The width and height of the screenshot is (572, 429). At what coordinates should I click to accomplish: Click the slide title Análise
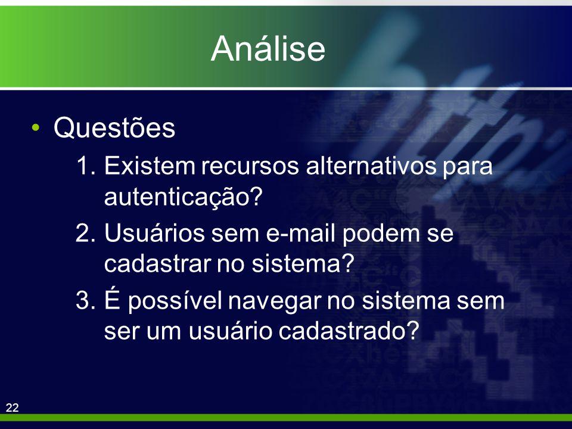[x=268, y=48]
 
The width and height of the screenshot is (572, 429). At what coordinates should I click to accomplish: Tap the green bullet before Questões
[x=35, y=128]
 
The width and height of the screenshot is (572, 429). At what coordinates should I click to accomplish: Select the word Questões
[x=114, y=128]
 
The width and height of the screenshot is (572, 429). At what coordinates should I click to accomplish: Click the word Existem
[x=150, y=166]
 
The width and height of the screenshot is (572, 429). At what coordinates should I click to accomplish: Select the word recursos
[x=250, y=167]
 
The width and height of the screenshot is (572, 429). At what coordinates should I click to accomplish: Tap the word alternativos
[x=371, y=166]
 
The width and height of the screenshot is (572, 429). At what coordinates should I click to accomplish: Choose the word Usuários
[x=155, y=233]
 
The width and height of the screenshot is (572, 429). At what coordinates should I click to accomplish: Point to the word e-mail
[x=300, y=233]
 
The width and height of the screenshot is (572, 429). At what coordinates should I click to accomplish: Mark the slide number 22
[x=12, y=408]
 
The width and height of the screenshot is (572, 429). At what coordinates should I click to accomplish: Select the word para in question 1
[x=468, y=168]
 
